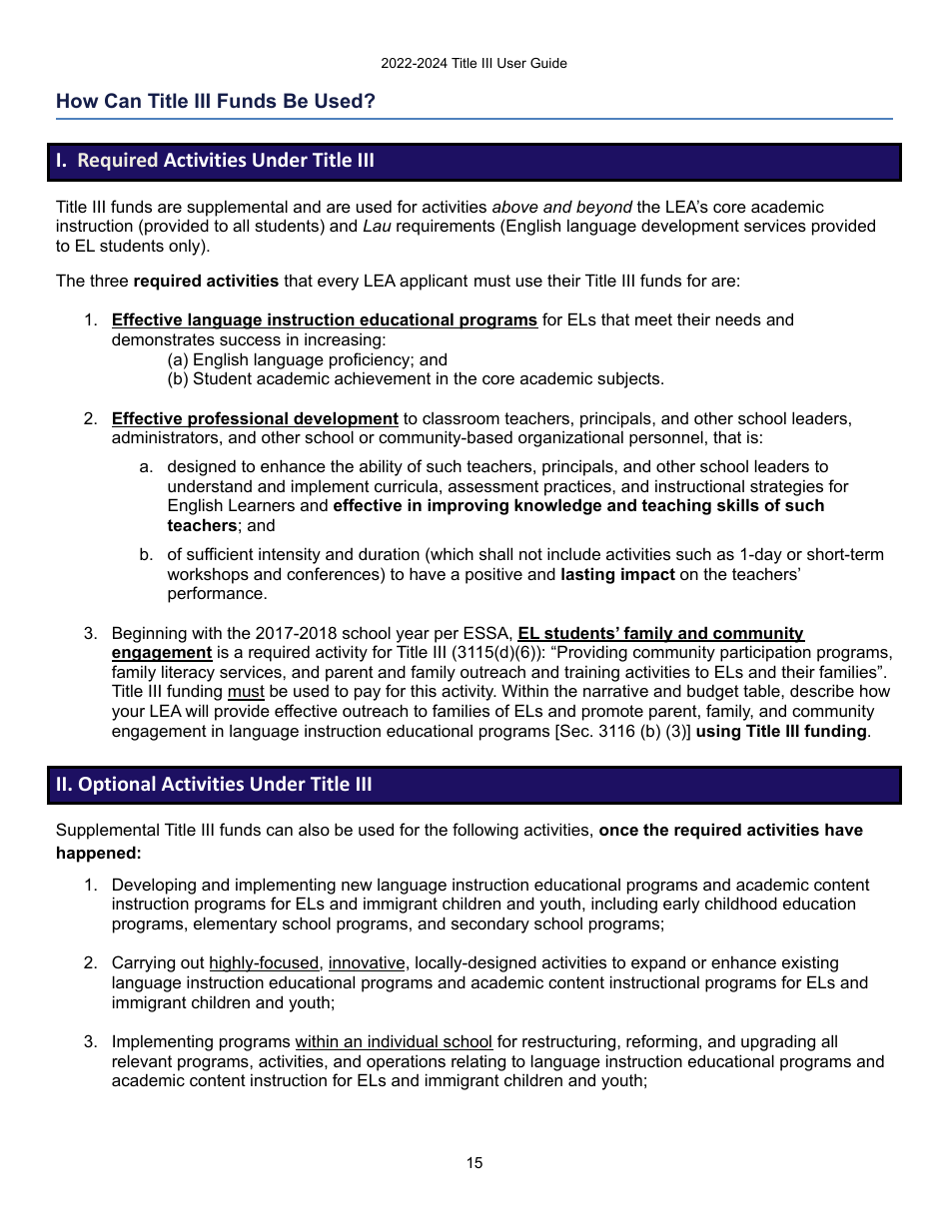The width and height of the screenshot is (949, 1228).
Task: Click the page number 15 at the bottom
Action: tap(474, 1163)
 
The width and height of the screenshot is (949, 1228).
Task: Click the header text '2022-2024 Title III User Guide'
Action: tap(474, 63)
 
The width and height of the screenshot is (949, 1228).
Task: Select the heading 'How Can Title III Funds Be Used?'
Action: tap(216, 101)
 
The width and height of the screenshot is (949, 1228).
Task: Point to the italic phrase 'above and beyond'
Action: tap(561, 207)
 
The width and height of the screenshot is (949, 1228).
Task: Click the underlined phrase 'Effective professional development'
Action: tap(255, 418)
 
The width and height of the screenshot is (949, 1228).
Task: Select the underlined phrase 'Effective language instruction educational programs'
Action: tap(324, 320)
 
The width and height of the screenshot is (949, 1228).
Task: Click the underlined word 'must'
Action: tap(246, 692)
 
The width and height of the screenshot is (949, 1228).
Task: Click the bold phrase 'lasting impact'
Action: tap(617, 575)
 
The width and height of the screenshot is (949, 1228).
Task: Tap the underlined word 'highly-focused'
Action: tap(264, 963)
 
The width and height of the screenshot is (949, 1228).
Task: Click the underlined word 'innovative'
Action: tap(367, 963)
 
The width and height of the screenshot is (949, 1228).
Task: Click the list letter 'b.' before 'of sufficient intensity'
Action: tap(146, 555)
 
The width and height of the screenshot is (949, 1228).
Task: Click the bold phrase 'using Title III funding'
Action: tap(782, 732)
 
